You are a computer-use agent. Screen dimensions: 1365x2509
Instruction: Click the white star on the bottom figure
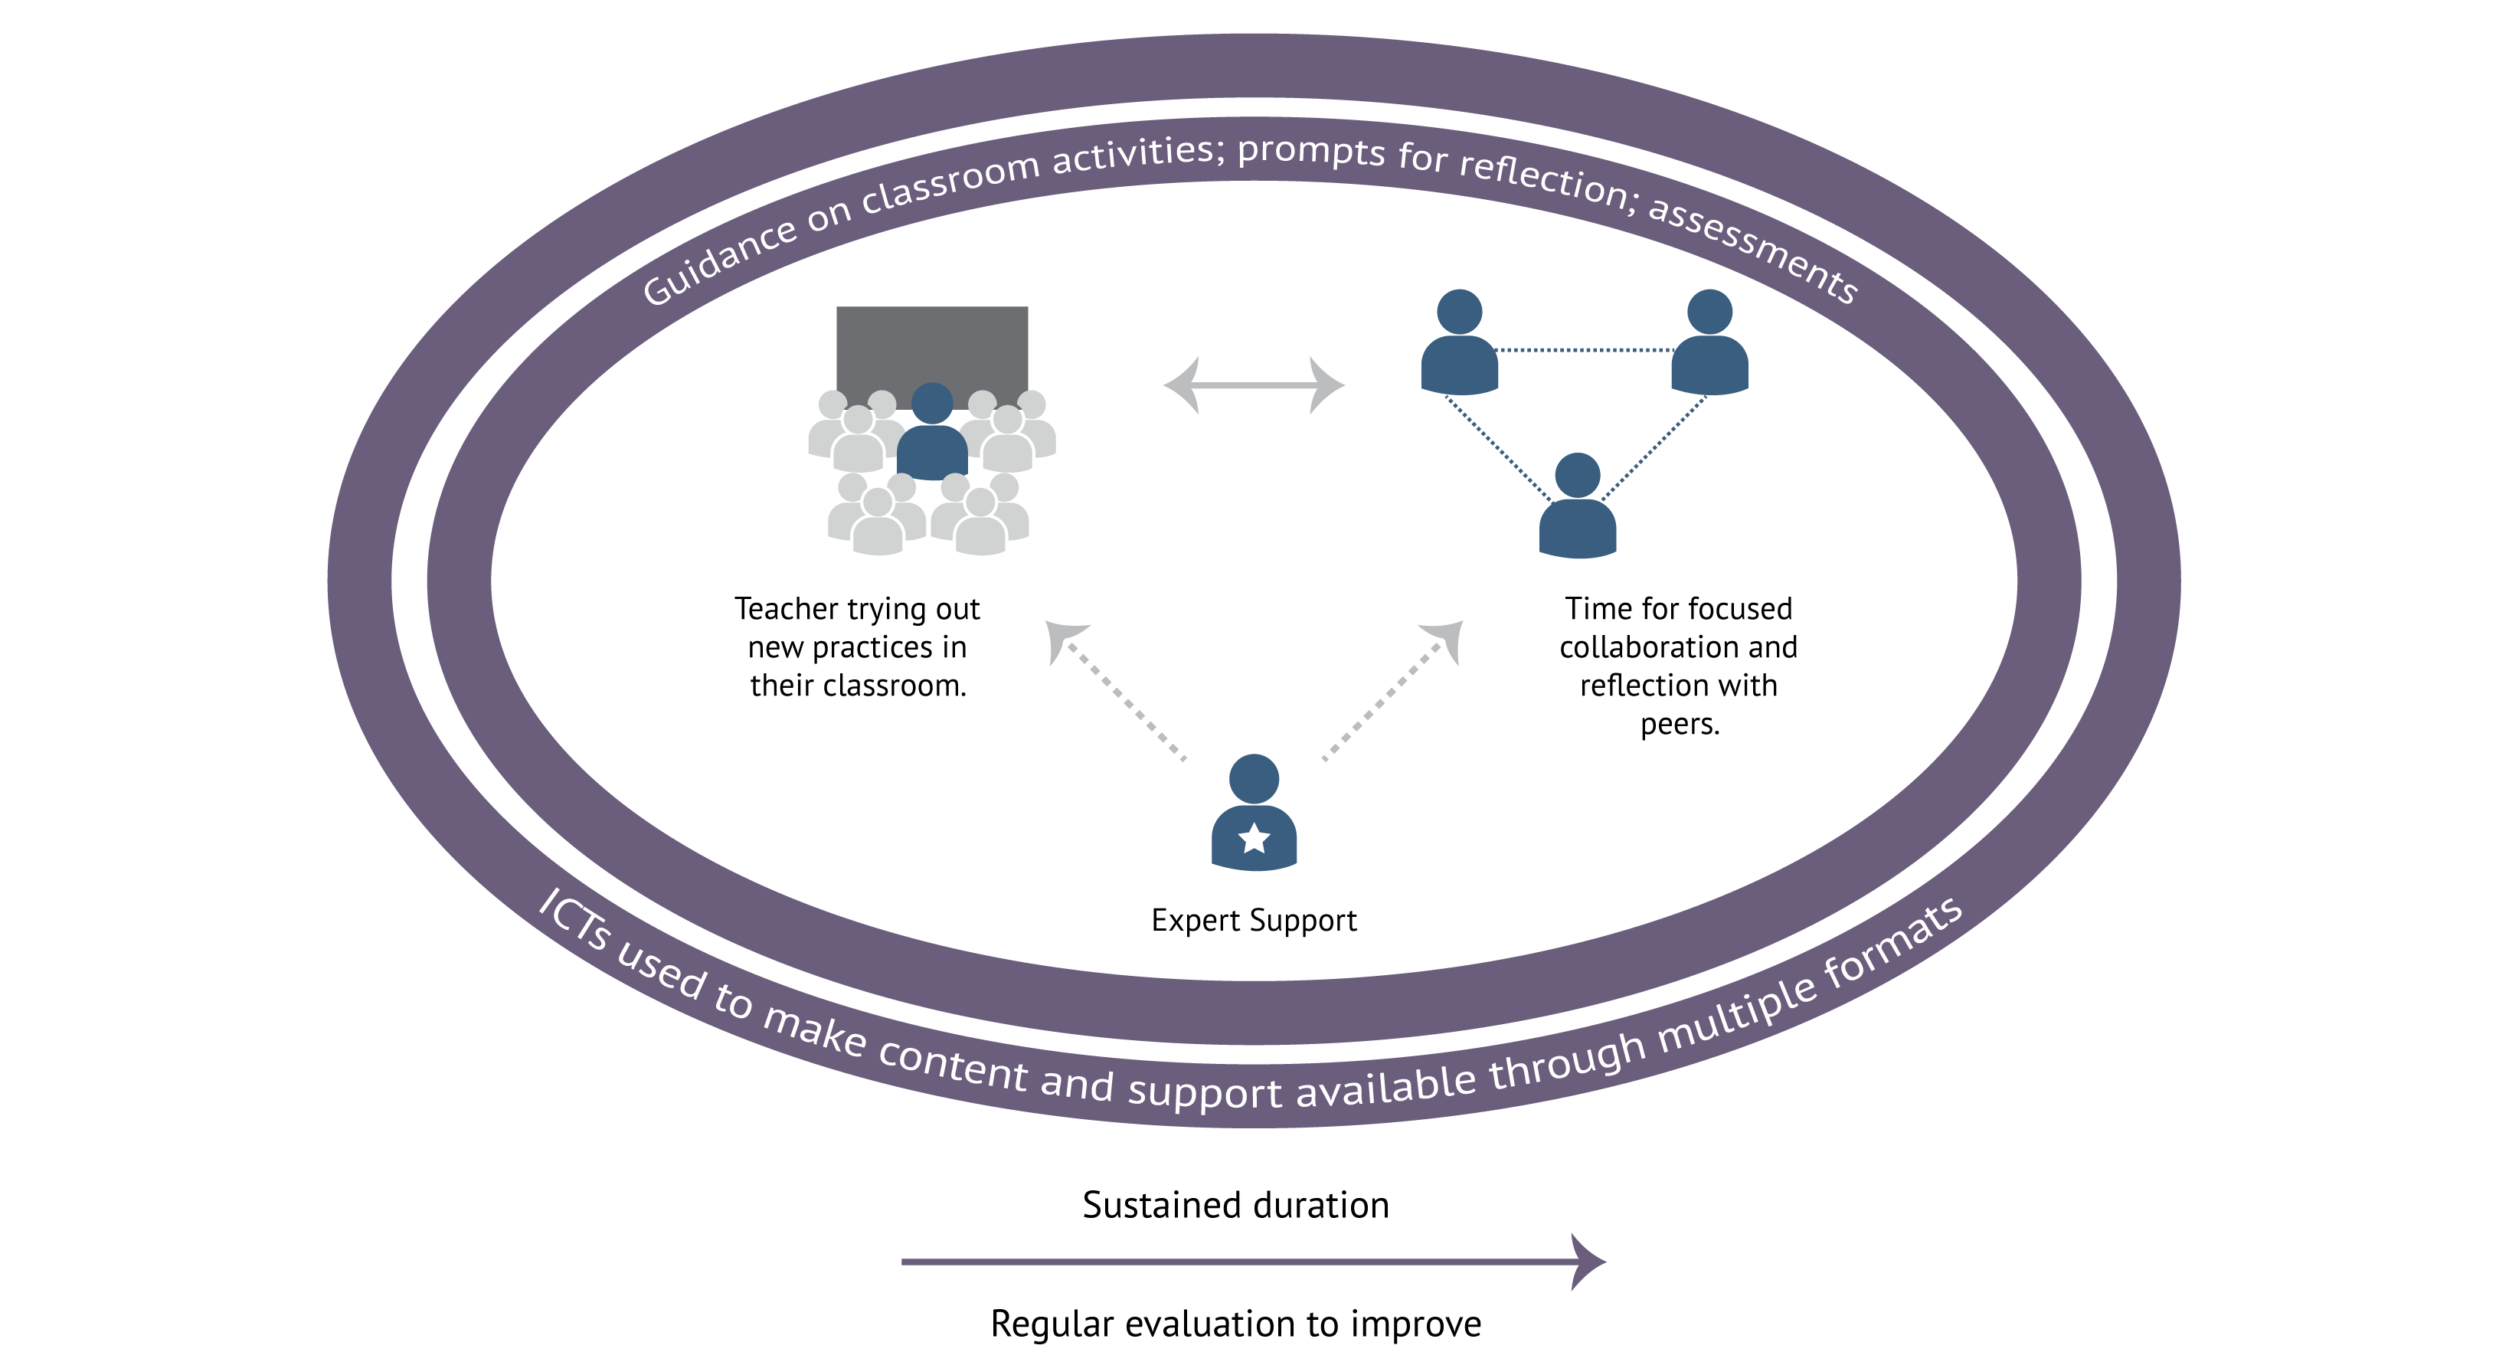tap(1254, 838)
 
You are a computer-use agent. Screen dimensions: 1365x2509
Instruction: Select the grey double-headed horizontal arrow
tap(1254, 386)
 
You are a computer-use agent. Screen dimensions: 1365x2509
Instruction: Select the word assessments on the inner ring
tap(1753, 248)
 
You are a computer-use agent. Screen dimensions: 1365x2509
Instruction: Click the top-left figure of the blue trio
tap(1459, 346)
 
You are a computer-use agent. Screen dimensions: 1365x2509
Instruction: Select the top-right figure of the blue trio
tap(1709, 346)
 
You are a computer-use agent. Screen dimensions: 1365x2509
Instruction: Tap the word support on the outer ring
tap(1204, 1092)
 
